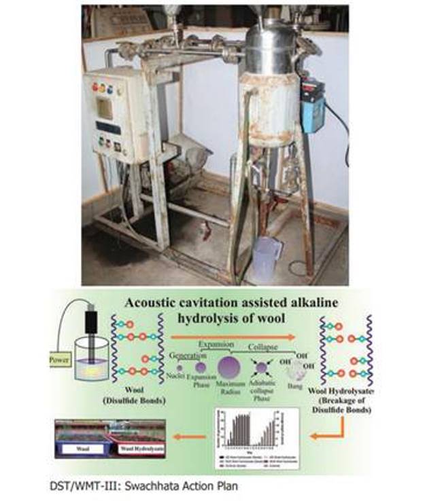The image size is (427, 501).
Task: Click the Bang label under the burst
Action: click(293, 387)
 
